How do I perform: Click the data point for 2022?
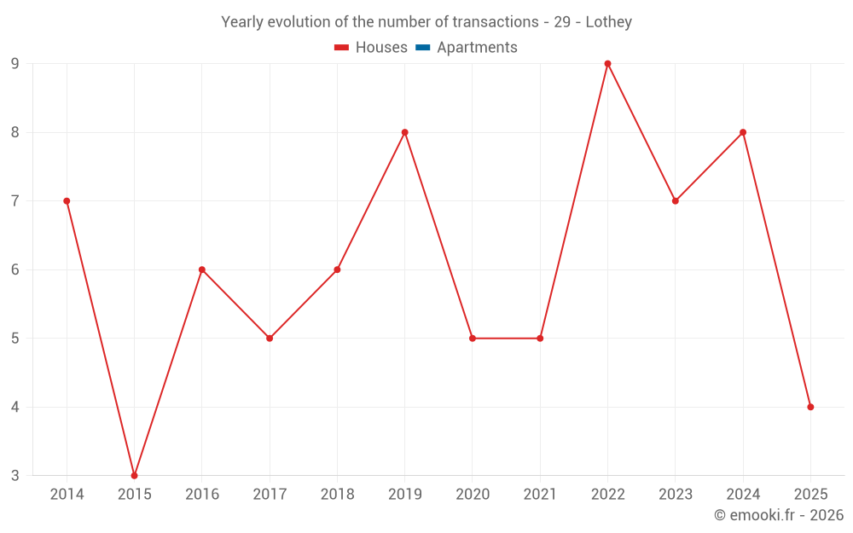(607, 64)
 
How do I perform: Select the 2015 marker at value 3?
(134, 475)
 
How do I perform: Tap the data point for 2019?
(405, 132)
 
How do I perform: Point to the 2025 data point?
(810, 407)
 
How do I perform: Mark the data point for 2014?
(67, 201)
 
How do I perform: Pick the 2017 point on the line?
(270, 339)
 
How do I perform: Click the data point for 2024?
(743, 132)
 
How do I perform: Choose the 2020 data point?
(473, 339)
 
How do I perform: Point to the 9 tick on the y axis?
(15, 64)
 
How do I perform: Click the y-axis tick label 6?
(15, 269)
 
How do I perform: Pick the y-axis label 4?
(15, 407)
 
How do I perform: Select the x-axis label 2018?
(337, 495)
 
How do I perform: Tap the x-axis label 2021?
(540, 495)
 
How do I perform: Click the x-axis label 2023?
(676, 495)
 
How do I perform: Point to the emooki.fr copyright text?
(778, 515)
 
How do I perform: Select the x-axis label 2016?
(202, 495)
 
